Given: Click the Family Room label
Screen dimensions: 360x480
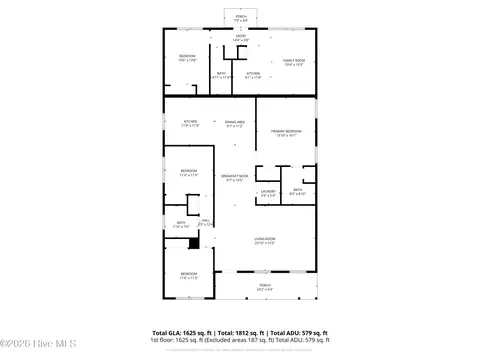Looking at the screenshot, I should coord(292,63).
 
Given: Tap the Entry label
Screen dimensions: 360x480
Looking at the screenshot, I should coord(241,38).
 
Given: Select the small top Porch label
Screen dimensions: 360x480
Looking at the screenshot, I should coord(241,18).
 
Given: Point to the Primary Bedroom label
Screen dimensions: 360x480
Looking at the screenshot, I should coord(286,133).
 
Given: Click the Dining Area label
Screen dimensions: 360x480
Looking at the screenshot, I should coord(235,123).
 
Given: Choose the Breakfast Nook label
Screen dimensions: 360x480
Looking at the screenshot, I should coord(235,178).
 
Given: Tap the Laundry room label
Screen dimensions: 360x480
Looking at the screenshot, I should coord(268,193).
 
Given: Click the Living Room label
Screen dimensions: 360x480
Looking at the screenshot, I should coord(265,240).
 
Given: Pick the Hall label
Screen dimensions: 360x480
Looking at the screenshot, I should coord(205,222).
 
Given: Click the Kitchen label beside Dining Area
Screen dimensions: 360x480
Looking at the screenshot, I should coord(190,123).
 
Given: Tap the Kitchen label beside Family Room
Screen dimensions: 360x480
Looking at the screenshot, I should coord(253,75).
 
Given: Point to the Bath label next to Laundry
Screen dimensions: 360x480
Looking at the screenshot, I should coord(298,192).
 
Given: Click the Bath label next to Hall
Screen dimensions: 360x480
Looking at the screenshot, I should coord(181,225).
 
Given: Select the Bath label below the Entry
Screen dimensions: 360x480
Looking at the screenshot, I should coord(221,75).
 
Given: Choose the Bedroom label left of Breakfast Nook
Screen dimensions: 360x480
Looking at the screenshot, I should coord(189,172).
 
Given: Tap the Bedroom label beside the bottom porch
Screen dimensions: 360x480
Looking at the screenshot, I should coord(189,275).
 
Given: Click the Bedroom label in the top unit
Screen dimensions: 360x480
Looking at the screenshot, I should coord(187,57).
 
